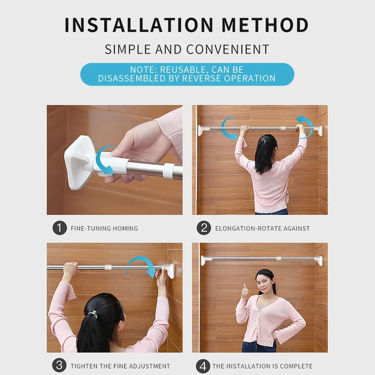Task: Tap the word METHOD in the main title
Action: pos(265,25)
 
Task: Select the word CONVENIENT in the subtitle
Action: pos(228,50)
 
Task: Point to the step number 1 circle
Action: pos(59,228)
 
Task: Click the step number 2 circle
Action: pos(204,228)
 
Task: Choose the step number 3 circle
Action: pos(59,365)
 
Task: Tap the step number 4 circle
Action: pos(203,366)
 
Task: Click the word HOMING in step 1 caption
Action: pos(125,229)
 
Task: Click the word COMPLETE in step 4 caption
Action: pos(296,366)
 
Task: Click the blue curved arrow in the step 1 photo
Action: pos(104,160)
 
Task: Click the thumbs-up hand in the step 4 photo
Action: pos(245,291)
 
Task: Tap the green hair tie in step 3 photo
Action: pos(93,314)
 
